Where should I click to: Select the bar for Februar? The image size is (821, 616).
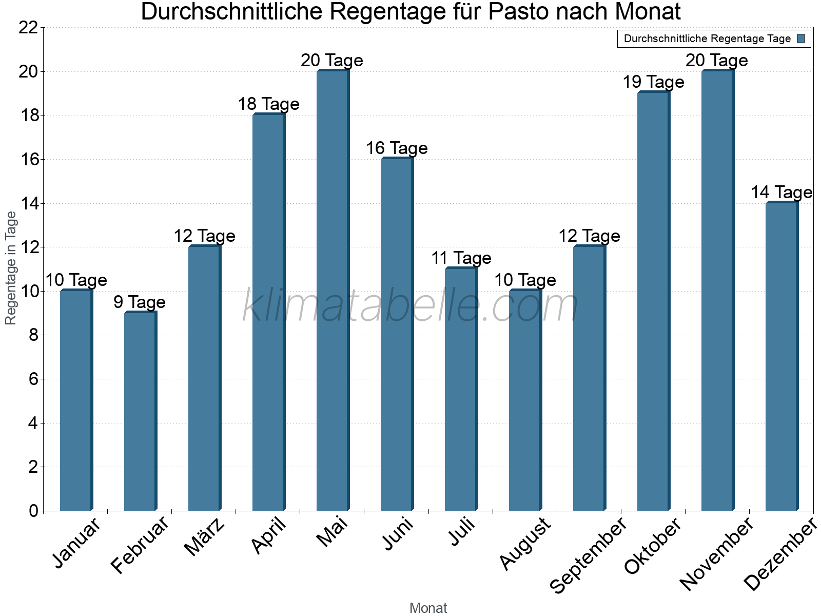pos(140,411)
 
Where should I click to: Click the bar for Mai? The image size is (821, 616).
pos(333,291)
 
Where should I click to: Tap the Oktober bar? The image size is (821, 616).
pos(653,301)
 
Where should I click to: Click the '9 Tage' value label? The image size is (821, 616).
pos(140,302)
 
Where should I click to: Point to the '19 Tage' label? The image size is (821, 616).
pos(653,82)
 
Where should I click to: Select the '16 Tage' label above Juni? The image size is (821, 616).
pos(397,148)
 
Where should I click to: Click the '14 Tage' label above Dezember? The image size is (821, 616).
pos(781,192)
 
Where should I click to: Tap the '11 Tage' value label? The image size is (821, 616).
pos(461,258)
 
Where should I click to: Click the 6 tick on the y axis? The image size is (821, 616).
pos(33,379)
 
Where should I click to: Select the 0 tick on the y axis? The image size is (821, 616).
pos(33,511)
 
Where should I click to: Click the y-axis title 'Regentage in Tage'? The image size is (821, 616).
pos(11,268)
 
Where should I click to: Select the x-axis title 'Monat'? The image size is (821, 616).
pos(428,608)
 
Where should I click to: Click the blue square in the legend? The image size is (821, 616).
pos(802,38)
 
